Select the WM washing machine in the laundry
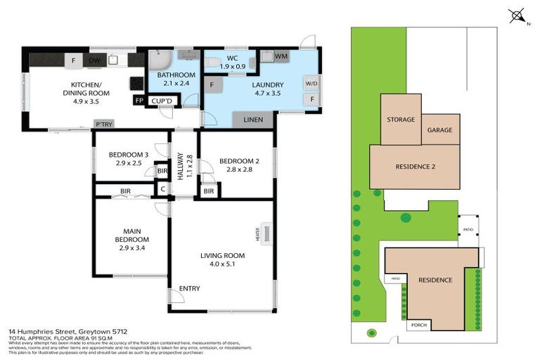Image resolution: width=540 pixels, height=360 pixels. pyautogui.click(x=280, y=56)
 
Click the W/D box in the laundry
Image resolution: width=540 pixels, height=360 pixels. pyautogui.click(x=311, y=84)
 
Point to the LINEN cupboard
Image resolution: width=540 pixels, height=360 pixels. pyautogui.click(x=252, y=120)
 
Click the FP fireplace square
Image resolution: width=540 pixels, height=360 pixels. pyautogui.click(x=138, y=101)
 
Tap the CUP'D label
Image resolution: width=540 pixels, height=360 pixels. pyautogui.click(x=162, y=101)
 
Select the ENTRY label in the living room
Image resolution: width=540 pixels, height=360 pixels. pyautogui.click(x=189, y=289)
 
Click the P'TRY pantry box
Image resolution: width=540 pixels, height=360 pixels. pyautogui.click(x=103, y=125)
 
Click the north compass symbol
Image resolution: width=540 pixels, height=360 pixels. pyautogui.click(x=517, y=15)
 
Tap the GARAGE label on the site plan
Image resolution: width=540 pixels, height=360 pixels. pyautogui.click(x=441, y=130)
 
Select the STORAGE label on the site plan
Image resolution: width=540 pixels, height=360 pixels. pyautogui.click(x=401, y=120)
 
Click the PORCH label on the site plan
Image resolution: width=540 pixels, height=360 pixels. pyautogui.click(x=418, y=325)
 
